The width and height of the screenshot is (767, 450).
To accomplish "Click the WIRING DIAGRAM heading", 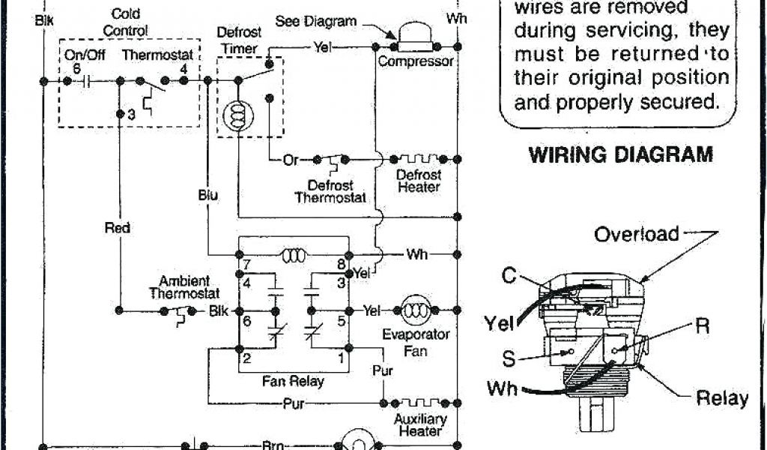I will point(621,155).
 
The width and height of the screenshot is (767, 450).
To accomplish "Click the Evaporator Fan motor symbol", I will point(413,310).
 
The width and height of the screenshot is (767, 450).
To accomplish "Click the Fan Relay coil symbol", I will point(292,255).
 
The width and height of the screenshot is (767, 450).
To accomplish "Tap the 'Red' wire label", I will point(118,227).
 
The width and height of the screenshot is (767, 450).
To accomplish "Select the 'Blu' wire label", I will point(208,195).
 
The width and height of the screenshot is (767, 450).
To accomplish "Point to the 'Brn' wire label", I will point(271,445).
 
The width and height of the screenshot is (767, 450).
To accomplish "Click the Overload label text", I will point(636,234).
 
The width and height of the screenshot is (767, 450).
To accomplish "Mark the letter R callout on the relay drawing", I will point(702,326).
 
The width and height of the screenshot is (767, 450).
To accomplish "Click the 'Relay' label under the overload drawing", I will point(721,397).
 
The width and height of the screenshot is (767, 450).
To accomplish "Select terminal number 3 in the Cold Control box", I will point(131,115).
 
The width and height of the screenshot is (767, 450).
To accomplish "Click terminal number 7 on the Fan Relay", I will point(246,264).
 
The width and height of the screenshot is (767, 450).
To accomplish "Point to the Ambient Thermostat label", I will point(184,286).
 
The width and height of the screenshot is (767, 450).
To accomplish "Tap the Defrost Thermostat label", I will point(330,191).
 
